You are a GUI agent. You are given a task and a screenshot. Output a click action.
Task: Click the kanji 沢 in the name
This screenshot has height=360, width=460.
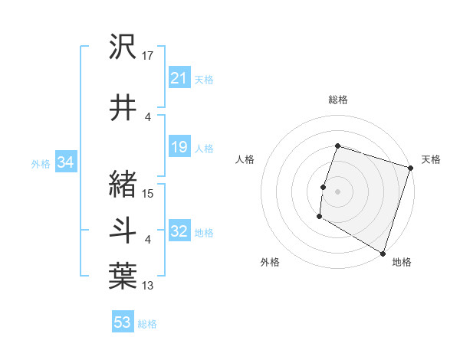123,47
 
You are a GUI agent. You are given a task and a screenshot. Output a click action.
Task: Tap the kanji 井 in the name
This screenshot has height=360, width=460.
123,106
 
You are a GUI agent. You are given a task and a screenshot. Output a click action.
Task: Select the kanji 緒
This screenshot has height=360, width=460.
123,185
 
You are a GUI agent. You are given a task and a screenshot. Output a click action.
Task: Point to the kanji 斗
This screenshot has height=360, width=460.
123,231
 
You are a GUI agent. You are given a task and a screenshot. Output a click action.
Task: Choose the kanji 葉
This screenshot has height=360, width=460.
123,276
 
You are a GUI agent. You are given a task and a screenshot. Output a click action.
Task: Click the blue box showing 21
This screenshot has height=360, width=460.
179,78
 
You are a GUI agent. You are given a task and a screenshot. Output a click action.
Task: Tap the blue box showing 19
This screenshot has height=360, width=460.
179,148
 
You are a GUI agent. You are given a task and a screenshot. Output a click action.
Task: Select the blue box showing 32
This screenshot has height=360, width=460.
179,232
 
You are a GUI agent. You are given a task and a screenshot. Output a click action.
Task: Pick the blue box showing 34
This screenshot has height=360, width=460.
65,163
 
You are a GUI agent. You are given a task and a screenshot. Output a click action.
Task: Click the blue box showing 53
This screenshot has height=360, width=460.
123,322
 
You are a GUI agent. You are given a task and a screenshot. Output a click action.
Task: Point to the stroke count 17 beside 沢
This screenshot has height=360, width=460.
148,55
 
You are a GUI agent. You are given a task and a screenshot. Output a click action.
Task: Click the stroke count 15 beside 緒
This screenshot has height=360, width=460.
148,193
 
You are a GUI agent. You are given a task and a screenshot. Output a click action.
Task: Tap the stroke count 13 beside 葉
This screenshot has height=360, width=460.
148,286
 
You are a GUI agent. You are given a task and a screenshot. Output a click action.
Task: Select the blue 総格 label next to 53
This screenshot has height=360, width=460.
147,324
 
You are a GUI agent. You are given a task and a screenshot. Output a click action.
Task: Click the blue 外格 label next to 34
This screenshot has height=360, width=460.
41,164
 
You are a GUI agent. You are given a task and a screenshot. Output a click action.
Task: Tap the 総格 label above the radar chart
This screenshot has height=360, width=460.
337,100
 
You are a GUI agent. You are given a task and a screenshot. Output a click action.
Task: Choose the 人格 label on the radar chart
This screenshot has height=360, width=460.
245,159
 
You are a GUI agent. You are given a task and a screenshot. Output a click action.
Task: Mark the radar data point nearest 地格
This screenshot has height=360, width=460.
383,253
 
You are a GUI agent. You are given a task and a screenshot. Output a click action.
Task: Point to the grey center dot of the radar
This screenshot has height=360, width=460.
337,191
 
